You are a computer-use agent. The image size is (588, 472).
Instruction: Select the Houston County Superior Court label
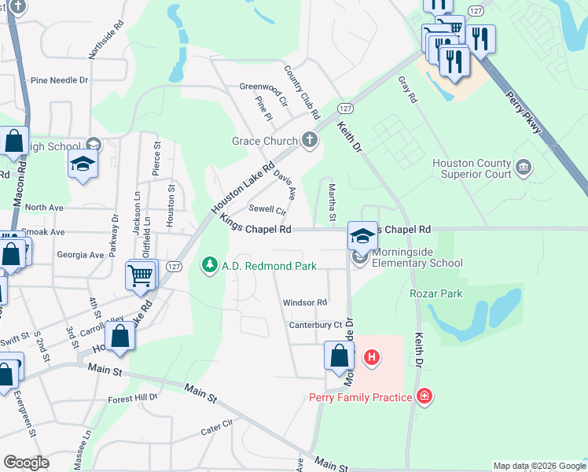[471, 168]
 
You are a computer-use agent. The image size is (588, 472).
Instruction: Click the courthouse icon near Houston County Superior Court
[524, 168]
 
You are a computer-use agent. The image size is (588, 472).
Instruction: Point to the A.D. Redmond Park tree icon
[210, 266]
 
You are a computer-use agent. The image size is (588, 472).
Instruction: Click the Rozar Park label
[435, 293]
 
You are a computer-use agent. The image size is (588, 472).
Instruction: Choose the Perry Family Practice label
[360, 397]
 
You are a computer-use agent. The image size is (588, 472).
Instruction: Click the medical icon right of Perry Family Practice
[424, 396]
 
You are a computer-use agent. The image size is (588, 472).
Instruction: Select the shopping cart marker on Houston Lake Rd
[141, 275]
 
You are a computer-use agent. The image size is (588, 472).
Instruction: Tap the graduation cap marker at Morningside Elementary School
[362, 235]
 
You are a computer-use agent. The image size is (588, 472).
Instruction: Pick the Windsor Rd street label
[304, 302]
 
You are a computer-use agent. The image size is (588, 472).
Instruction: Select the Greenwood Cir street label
[263, 87]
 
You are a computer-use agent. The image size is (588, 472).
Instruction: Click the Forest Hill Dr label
[133, 398]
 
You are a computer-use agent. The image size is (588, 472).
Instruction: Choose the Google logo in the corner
[27, 463]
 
